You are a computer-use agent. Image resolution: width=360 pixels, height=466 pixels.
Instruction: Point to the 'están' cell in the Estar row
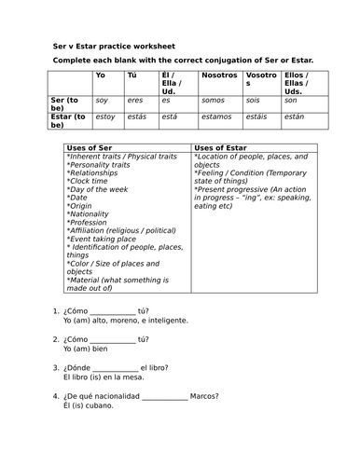point(293,117)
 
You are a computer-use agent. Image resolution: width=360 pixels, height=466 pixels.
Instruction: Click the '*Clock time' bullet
point(90,180)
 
